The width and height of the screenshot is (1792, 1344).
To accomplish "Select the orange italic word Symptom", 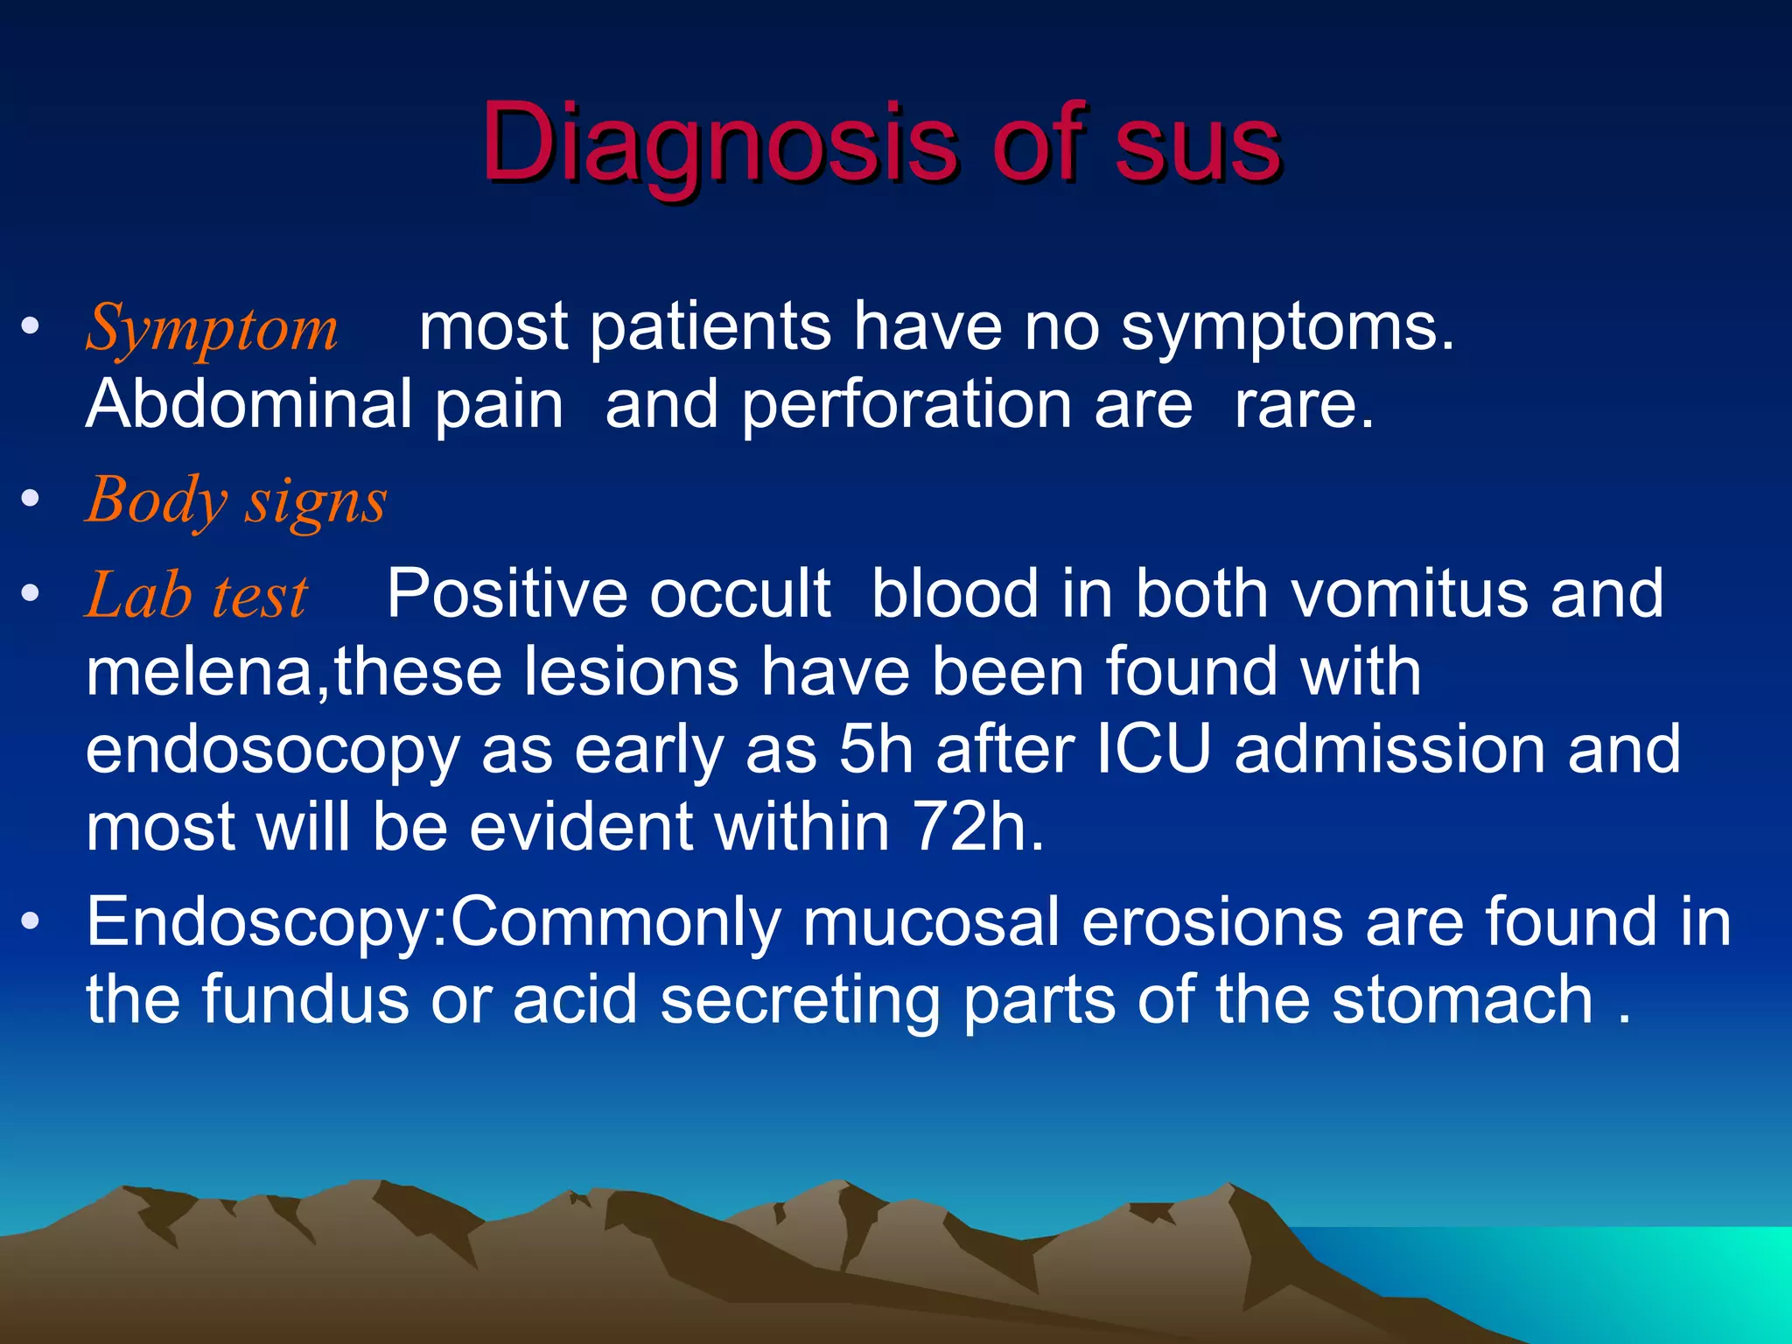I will (x=211, y=328).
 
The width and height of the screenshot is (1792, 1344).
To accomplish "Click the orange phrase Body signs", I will (x=236, y=501).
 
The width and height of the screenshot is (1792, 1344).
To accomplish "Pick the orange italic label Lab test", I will (x=196, y=596).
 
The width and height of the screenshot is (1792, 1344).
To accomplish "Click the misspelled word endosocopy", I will (x=272, y=751).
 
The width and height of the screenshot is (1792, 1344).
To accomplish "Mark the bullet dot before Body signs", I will (x=31, y=500).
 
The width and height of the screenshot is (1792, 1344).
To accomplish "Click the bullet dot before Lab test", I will (x=31, y=594).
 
